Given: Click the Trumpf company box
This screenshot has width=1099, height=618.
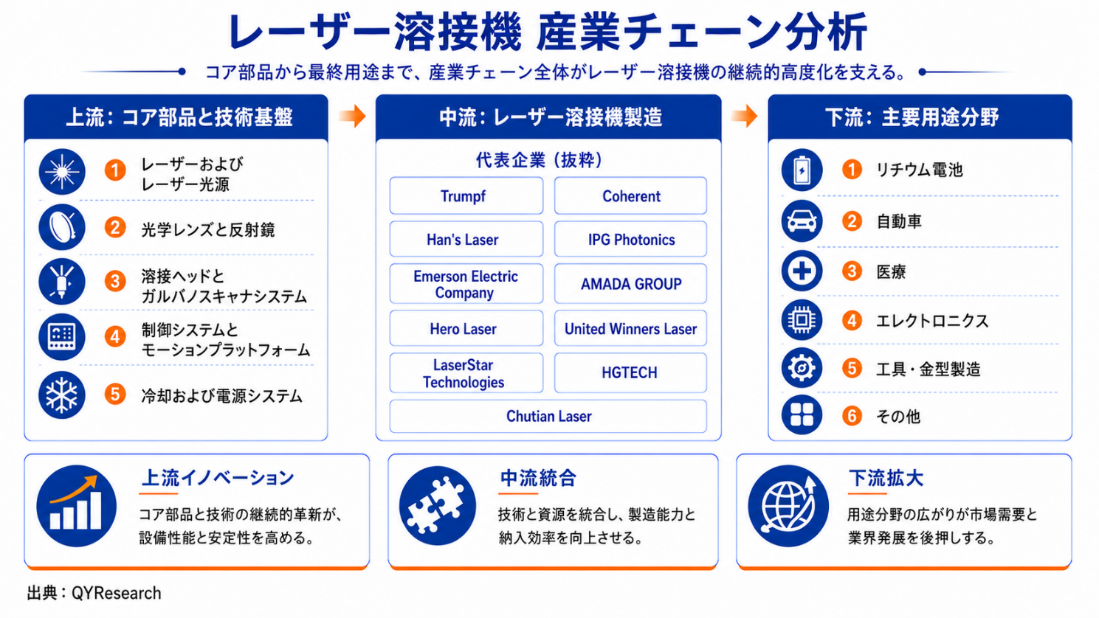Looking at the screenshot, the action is point(466,196).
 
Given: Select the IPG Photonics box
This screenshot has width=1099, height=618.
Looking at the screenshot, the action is point(630,239).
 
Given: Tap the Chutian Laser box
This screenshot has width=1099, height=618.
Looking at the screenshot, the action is point(548,416).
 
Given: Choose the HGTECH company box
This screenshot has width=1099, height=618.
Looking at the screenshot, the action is point(630,372).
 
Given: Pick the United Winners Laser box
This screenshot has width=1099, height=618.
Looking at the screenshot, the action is point(630,328).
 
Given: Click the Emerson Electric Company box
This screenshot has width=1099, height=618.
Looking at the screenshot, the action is point(466,284).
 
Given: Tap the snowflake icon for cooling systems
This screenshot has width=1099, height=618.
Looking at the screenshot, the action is point(62,395).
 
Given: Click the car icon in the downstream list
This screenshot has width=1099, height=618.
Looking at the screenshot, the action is point(802,221).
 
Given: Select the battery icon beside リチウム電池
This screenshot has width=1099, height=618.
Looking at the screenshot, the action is point(802,170).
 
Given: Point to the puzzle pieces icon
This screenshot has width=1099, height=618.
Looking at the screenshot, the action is point(437,505).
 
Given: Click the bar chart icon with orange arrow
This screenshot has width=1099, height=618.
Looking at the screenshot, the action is point(77,505).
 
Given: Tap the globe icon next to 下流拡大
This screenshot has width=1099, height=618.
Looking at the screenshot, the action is point(788,505).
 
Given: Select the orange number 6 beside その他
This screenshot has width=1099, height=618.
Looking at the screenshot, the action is point(852,416).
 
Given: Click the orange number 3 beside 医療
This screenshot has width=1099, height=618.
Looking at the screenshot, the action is point(852,271).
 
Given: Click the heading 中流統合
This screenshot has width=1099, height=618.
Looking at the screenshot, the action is point(538,479).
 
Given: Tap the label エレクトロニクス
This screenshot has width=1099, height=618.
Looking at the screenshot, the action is point(932,321).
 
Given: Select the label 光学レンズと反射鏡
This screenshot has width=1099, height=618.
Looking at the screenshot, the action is point(208,229).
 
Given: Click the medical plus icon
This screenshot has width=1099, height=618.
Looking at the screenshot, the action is point(802,271).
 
